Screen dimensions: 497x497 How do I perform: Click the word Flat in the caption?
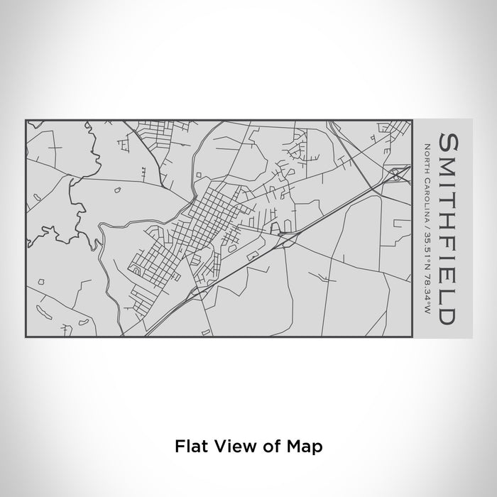(190, 447)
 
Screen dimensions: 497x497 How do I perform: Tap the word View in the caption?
(231, 447)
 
